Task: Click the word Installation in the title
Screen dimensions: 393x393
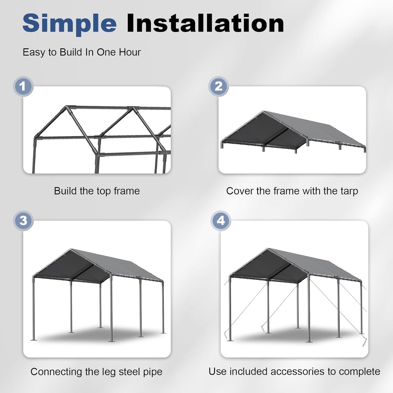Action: [x=205, y=23]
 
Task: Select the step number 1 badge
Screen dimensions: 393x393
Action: [x=23, y=86]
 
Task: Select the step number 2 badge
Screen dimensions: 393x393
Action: [x=218, y=86]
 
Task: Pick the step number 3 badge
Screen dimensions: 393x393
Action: [x=23, y=220]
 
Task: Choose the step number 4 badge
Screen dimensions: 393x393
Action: [x=221, y=220]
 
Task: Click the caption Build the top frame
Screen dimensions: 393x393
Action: [x=97, y=191]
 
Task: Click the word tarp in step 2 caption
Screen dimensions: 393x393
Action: [x=349, y=191]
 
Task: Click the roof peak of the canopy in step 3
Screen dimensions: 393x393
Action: [x=71, y=249]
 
